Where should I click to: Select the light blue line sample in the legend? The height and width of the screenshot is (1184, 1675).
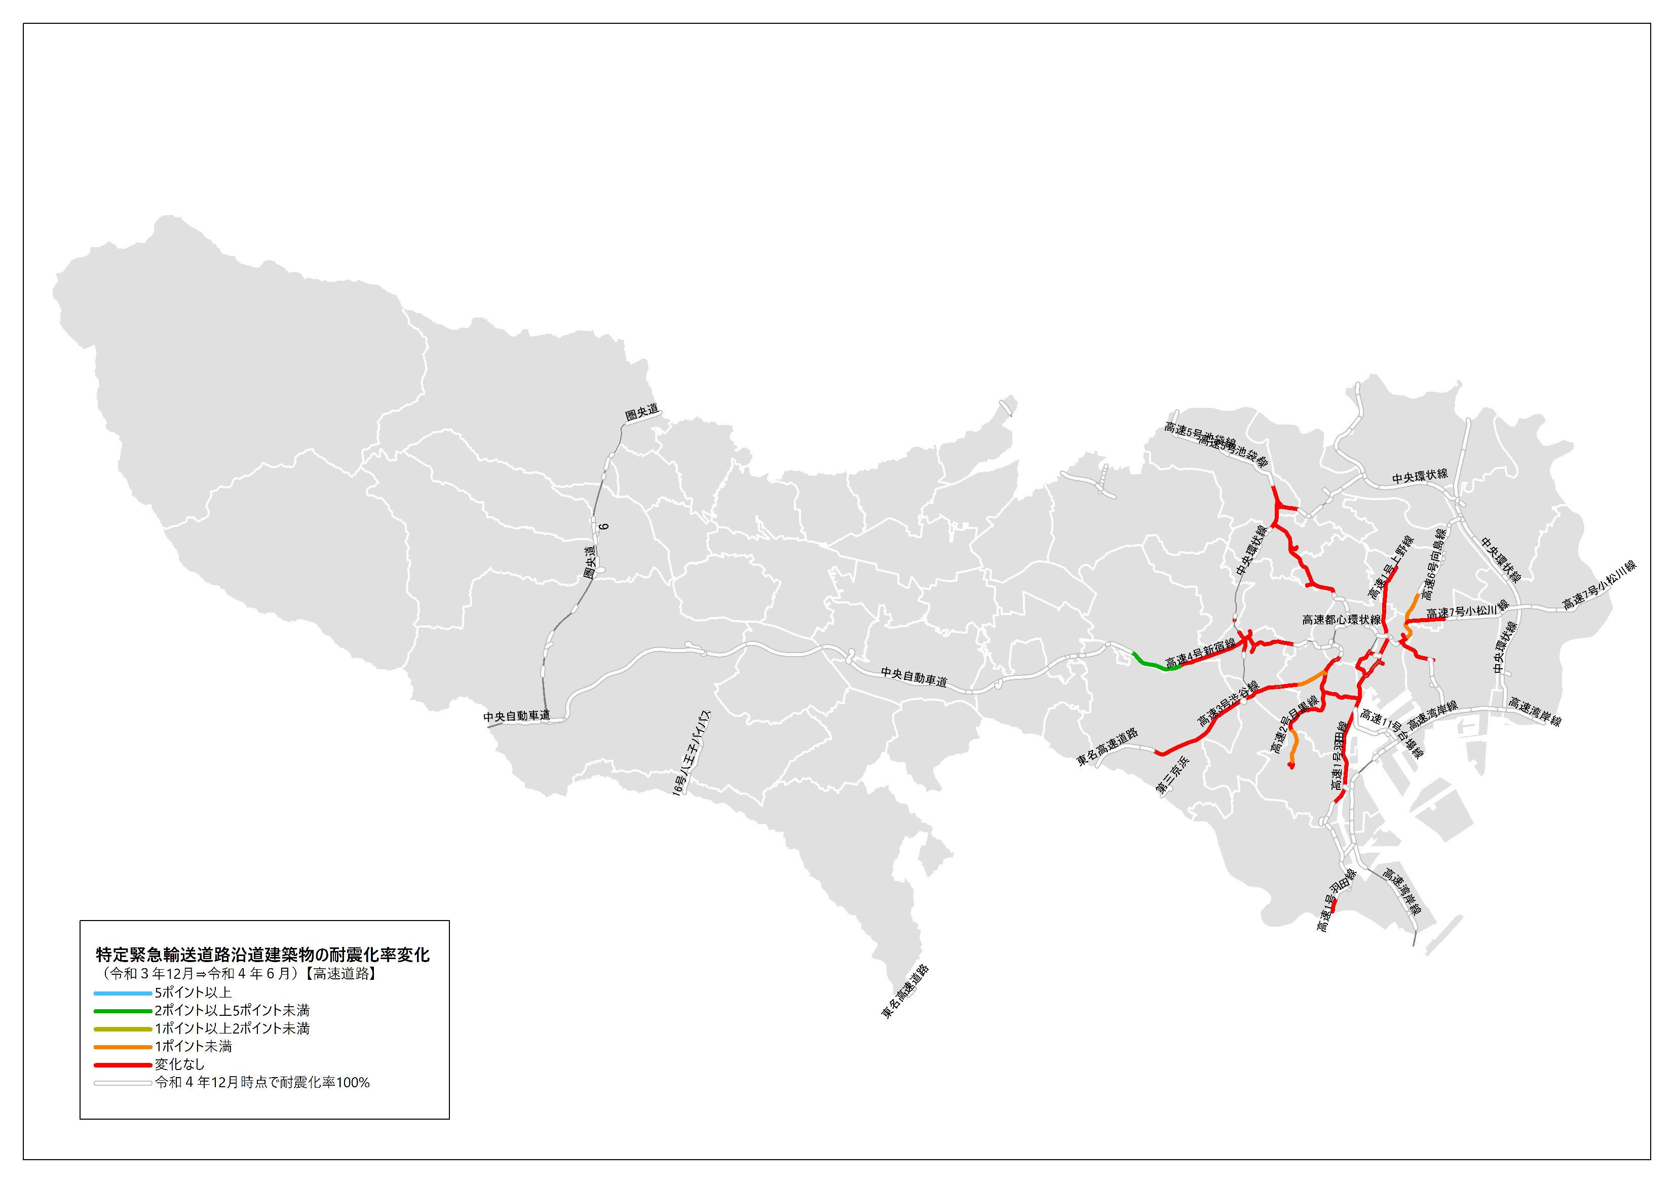pyautogui.click(x=123, y=993)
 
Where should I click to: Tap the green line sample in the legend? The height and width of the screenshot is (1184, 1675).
pyautogui.click(x=123, y=1011)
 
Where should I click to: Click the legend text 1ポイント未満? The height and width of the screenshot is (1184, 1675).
pyautogui.click(x=194, y=1047)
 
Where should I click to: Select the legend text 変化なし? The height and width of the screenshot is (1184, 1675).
pyautogui.click(x=179, y=1064)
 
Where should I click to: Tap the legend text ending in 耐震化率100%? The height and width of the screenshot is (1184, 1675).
pyautogui.click(x=262, y=1083)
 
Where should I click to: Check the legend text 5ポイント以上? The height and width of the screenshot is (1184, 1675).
pyautogui.click(x=194, y=993)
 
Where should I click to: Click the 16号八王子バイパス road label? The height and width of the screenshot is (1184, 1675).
pyautogui.click(x=691, y=752)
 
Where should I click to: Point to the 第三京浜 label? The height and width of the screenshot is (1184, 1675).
pyautogui.click(x=1173, y=775)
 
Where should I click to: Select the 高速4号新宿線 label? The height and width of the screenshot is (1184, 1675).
pyautogui.click(x=1200, y=652)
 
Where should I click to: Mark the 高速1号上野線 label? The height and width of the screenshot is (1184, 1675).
pyautogui.click(x=1390, y=567)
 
